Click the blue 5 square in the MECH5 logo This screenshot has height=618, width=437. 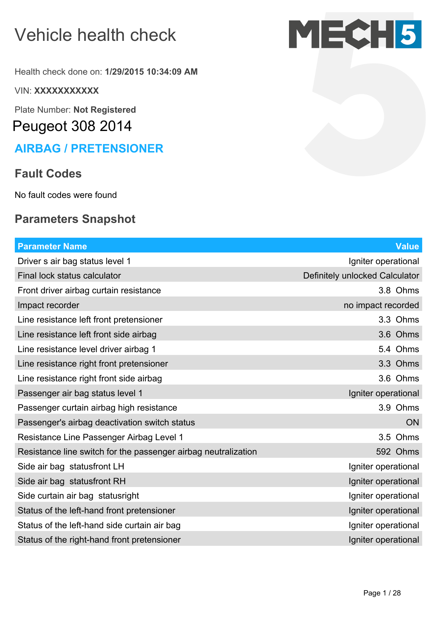(408, 34)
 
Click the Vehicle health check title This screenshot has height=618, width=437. (95, 35)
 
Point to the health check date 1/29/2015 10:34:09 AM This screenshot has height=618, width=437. (151, 72)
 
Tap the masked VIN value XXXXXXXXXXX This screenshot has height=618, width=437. (66, 91)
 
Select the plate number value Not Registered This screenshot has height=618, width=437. (105, 110)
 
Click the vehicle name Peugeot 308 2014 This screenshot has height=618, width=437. (72, 126)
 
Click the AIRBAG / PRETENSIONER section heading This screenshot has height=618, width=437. (89, 149)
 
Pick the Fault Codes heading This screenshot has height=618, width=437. (48, 174)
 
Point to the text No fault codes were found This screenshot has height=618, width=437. (66, 195)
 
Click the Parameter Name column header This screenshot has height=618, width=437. (52, 246)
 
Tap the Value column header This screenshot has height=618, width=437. (407, 246)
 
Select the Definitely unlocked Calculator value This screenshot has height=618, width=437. (361, 276)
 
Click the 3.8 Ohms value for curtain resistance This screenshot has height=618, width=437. (399, 291)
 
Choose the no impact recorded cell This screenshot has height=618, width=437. (381, 305)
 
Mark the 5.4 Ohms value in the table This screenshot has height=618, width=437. (399, 349)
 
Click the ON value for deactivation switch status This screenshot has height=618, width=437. (412, 423)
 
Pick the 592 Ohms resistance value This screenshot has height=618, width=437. (397, 452)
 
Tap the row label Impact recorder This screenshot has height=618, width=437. (48, 305)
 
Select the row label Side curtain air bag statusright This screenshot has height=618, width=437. (78, 496)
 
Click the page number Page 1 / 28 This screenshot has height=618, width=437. (382, 593)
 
